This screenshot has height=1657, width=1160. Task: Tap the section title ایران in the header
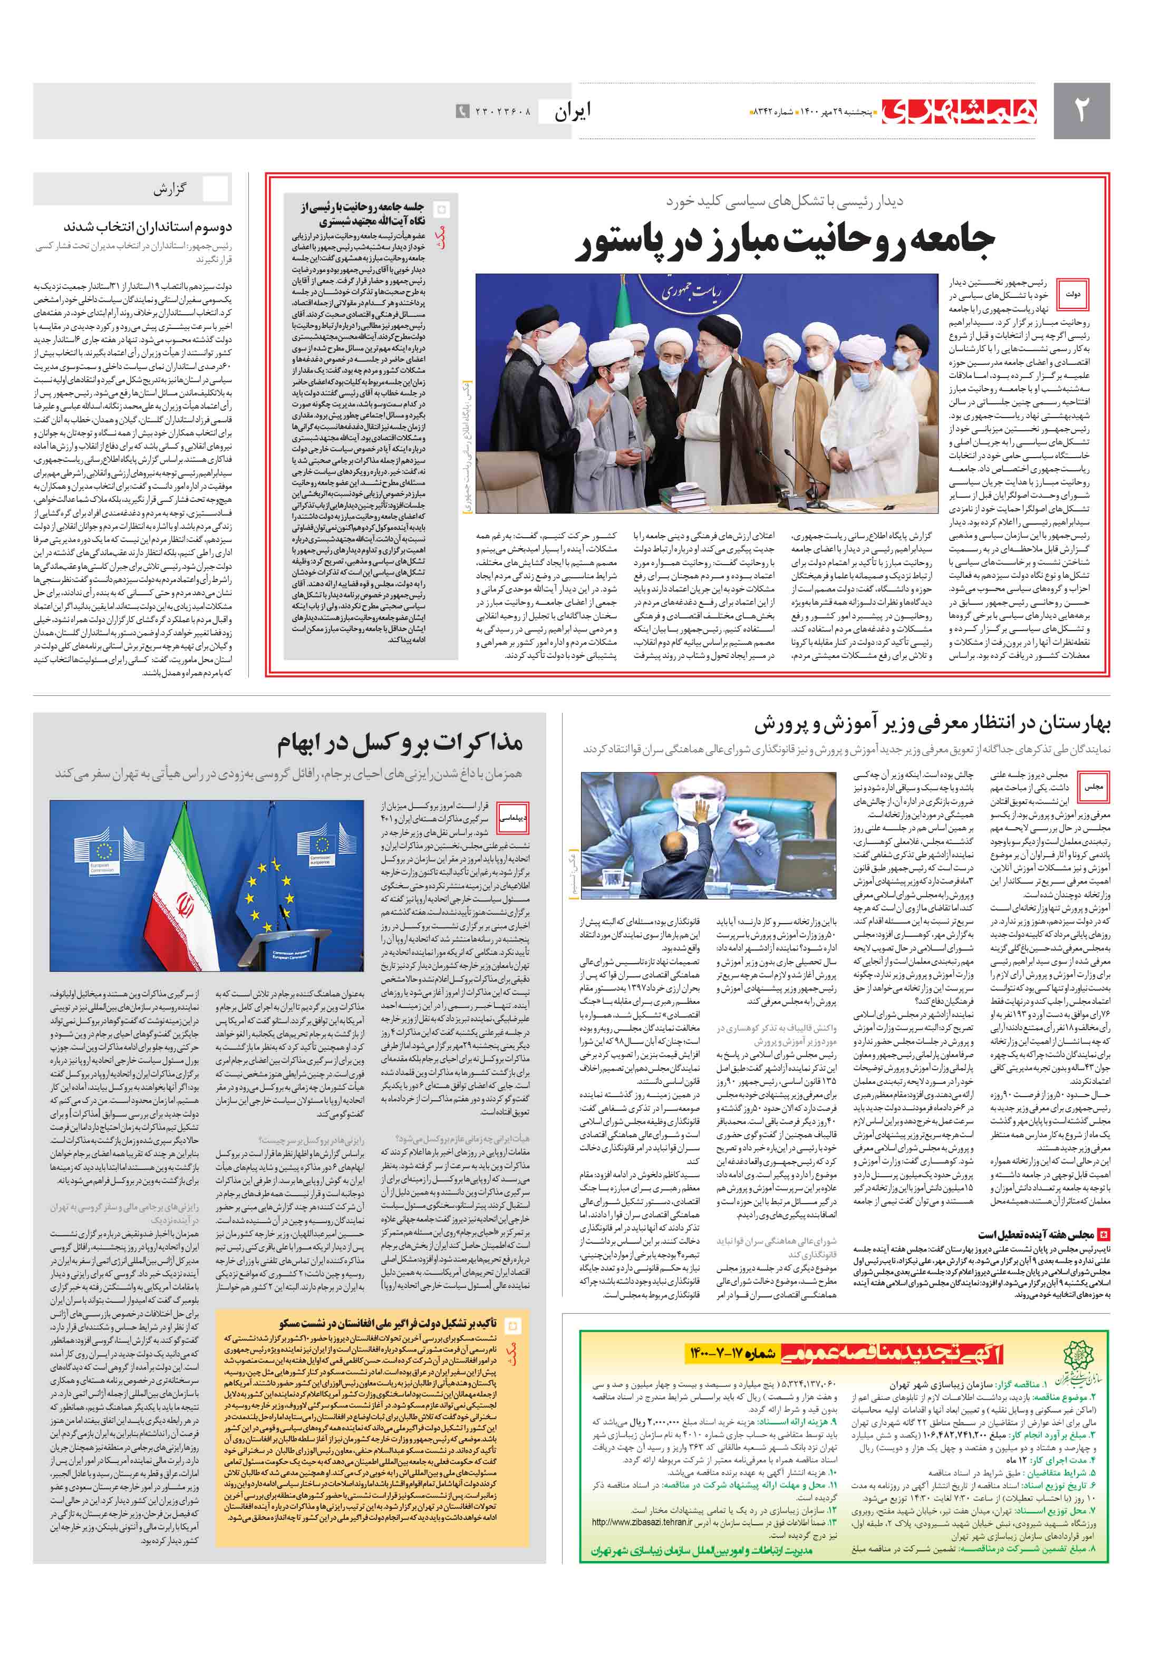(573, 111)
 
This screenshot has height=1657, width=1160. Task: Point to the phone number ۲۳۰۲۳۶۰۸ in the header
(502, 112)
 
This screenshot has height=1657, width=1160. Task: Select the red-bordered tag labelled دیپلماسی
(513, 818)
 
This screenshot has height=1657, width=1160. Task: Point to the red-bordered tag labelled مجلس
(1093, 787)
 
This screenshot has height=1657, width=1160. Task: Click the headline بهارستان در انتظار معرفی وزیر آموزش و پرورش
(932, 724)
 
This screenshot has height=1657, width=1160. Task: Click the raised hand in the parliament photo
(700, 810)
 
